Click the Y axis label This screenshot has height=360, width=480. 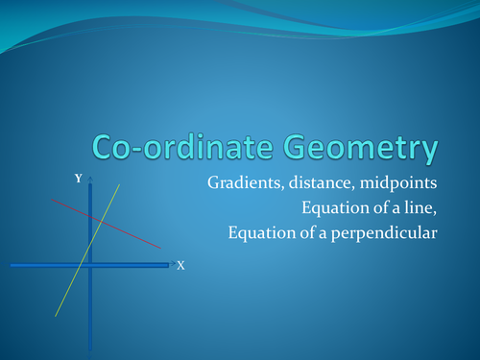[79, 179]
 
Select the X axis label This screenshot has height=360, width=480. [180, 264]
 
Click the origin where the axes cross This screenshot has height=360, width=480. [90, 264]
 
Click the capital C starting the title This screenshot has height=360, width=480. [104, 148]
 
